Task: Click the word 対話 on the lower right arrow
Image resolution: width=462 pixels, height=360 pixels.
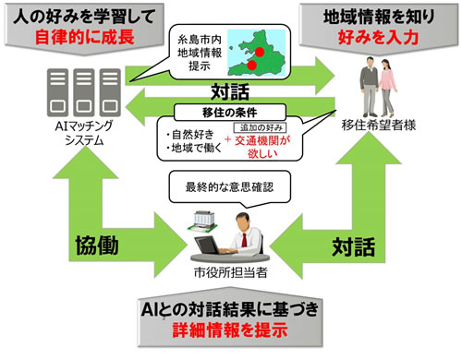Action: coord(355,247)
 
